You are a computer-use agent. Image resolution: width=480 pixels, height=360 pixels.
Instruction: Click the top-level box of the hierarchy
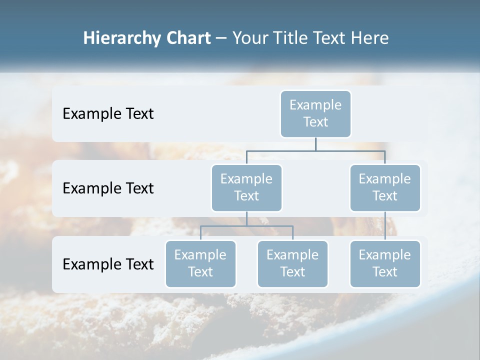315,113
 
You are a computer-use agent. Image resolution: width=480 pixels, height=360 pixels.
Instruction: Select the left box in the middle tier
246,187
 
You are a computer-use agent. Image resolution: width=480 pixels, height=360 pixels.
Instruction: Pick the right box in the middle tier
385,187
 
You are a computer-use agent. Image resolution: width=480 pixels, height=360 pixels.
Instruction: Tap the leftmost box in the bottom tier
200,263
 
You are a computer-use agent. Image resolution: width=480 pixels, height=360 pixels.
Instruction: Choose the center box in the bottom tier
292,263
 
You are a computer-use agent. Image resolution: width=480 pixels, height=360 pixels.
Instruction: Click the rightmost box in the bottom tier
385,263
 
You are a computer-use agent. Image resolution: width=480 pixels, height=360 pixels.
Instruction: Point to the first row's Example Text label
108,113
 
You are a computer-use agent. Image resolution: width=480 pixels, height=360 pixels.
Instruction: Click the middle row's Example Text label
108,188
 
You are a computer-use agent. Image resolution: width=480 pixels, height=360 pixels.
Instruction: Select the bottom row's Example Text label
108,264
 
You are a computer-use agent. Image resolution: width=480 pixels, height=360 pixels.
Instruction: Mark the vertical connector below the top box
315,143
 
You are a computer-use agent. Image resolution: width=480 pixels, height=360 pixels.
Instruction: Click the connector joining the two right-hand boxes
385,226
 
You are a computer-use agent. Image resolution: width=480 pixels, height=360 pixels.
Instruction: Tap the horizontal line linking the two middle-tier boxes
315,150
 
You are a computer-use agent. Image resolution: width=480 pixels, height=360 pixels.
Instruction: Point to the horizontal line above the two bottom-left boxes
246,226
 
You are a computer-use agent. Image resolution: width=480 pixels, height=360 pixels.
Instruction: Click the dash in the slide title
221,39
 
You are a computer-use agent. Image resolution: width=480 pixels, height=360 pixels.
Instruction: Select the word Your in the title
250,38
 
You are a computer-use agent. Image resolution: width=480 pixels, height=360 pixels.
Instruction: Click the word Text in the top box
315,122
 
